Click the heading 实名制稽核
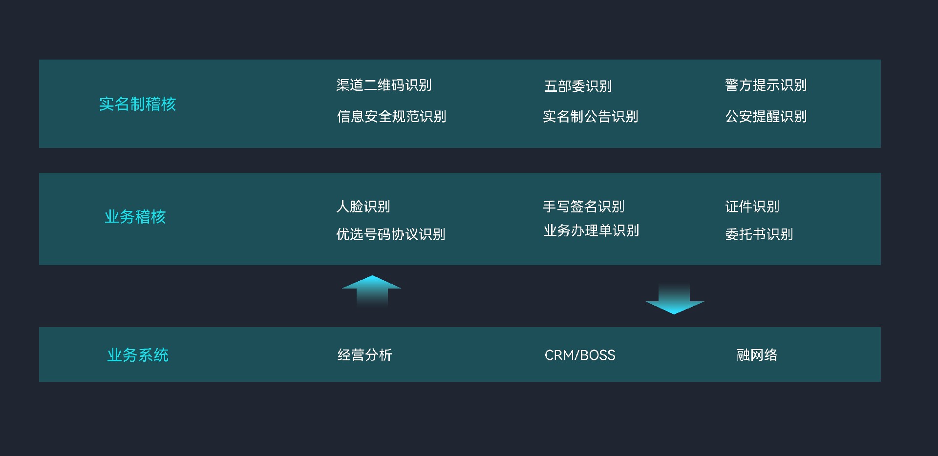point(137,104)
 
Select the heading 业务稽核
point(135,217)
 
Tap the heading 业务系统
point(138,355)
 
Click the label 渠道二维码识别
point(384,85)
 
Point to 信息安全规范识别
point(391,117)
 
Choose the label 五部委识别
point(578,86)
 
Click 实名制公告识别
point(591,117)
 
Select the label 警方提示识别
point(766,85)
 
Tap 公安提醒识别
point(766,117)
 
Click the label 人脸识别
point(363,207)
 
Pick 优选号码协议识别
point(390,235)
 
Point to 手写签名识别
point(584,207)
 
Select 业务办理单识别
point(591,231)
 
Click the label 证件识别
point(752,207)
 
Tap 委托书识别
point(759,235)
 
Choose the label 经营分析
point(364,355)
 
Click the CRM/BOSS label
point(580,355)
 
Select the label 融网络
point(757,355)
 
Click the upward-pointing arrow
point(372,290)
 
